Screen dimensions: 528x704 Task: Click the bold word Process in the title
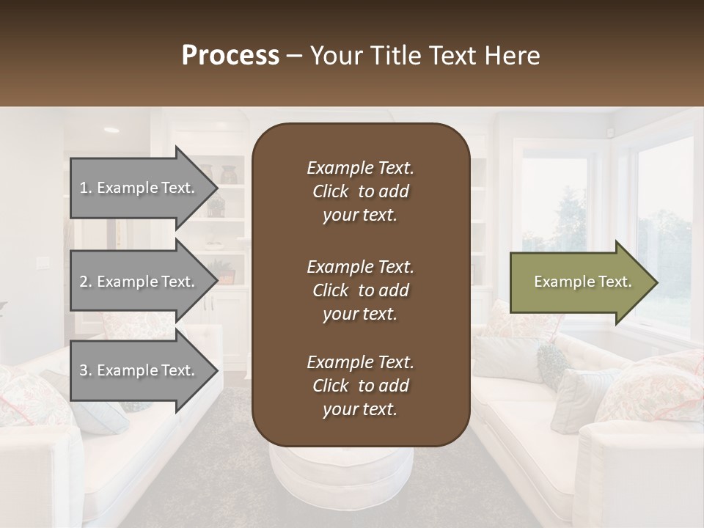pos(230,56)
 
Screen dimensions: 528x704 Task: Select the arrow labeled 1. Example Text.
pos(139,188)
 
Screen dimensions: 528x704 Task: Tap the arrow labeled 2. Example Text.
pos(139,282)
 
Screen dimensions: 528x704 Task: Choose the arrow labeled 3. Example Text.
pos(139,370)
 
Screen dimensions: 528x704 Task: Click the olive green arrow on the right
pos(579,282)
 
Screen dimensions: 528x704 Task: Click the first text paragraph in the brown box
pos(360,191)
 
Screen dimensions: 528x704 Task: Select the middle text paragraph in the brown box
pos(360,290)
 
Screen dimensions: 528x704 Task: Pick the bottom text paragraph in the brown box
pos(360,386)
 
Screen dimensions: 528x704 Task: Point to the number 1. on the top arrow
pos(86,188)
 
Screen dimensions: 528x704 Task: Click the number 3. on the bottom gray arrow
pos(86,370)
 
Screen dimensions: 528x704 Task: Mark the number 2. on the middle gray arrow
pos(86,282)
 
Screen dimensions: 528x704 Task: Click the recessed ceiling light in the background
pos(111,130)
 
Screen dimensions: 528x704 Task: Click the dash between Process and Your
pos(295,56)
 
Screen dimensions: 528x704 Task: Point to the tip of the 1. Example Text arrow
pos(217,188)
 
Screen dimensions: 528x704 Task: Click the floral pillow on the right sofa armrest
pos(653,389)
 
